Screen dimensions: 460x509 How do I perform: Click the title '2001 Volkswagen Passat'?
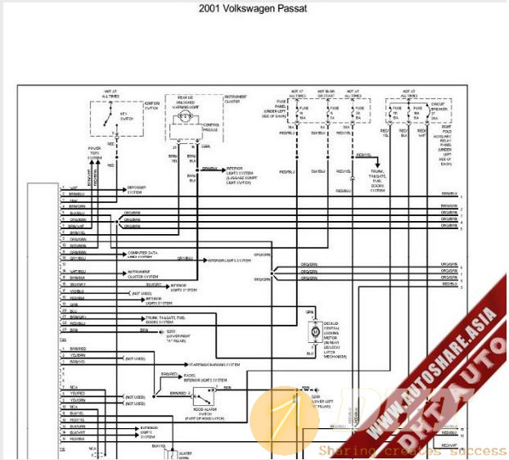point(254,10)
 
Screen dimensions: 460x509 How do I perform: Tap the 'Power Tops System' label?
point(95,153)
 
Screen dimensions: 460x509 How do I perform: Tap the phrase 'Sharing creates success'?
point(412,450)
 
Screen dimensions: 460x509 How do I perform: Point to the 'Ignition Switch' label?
point(152,104)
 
